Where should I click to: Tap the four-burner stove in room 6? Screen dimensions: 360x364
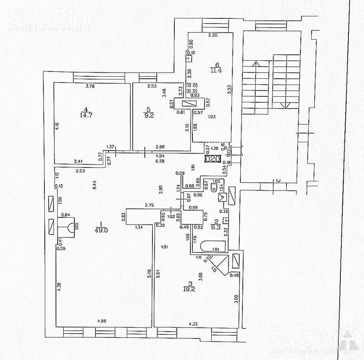click(194, 88)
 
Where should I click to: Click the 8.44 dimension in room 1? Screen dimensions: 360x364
click(94, 185)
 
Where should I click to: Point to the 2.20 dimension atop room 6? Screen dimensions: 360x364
click(213, 36)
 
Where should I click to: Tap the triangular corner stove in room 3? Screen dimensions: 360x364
click(220, 265)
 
